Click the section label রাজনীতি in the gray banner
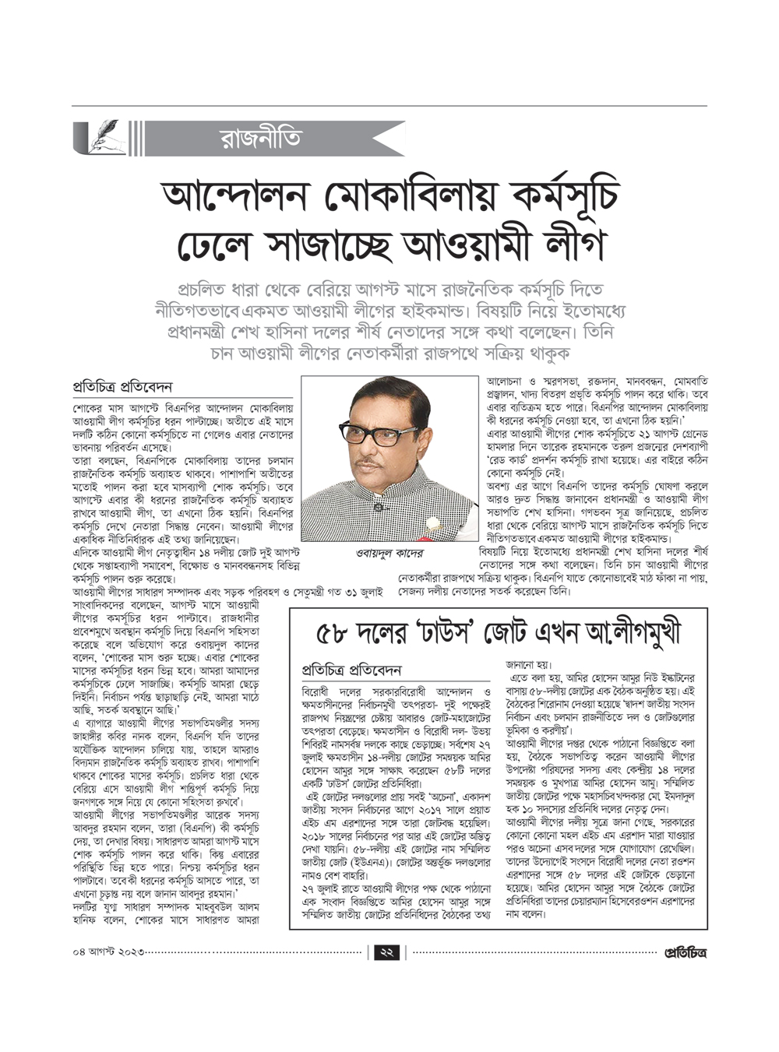[x=260, y=139]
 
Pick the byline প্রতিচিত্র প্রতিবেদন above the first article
[x=122, y=387]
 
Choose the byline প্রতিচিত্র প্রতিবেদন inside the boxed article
[x=351, y=670]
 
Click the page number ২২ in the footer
[x=387, y=952]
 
